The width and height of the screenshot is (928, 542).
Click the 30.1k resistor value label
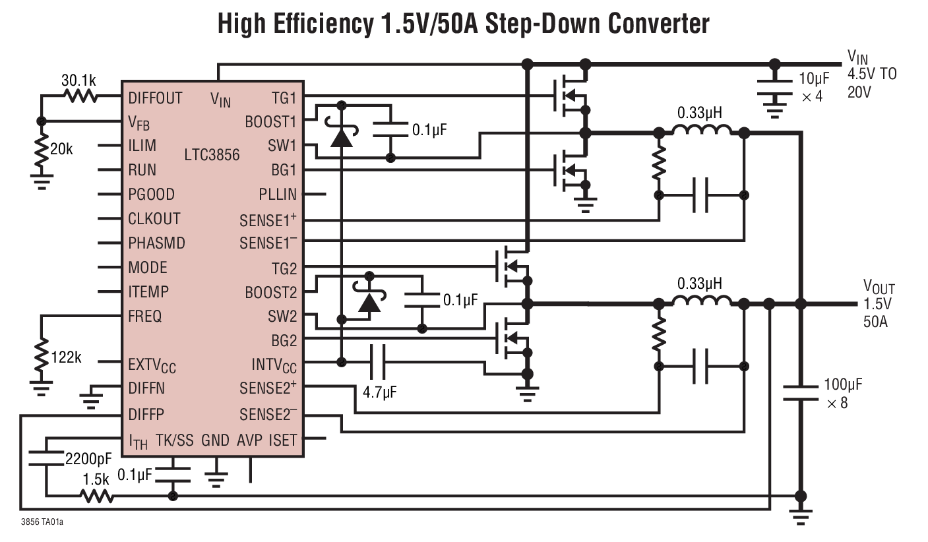(78, 81)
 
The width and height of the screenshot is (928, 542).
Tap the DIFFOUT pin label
(155, 98)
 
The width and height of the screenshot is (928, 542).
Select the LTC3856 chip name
(212, 156)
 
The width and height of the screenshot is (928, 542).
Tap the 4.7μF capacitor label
(380, 392)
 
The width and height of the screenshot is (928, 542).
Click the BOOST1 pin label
(270, 123)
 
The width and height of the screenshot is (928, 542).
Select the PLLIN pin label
(278, 195)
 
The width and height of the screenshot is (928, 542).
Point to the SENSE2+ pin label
(268, 389)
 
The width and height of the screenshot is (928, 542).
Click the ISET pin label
(283, 440)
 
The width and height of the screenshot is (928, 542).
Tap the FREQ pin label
(145, 316)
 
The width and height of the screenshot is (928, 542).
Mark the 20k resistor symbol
(42, 152)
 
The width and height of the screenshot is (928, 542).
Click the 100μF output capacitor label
(843, 385)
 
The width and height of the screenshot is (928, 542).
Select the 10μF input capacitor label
(813, 79)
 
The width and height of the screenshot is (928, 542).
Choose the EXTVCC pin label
(152, 364)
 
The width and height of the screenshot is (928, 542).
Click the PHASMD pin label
(156, 243)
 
